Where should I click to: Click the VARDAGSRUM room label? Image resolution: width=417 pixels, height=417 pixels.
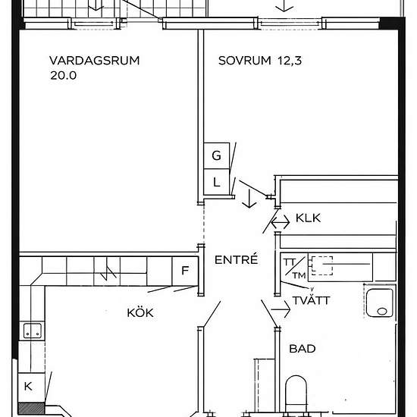(x=95, y=61)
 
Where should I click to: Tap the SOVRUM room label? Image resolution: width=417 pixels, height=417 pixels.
(x=245, y=61)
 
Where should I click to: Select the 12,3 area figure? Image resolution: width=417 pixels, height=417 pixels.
(x=290, y=61)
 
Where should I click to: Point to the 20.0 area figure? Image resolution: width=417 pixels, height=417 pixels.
(x=63, y=75)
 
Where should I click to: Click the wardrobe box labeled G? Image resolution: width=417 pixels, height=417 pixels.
(x=217, y=155)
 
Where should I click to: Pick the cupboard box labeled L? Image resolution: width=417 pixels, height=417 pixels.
(x=217, y=182)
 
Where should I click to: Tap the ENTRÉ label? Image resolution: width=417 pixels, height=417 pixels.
(x=236, y=259)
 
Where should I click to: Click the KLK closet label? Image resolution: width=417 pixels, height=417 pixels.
(x=308, y=218)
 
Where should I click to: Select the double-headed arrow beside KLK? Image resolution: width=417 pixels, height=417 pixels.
(x=280, y=222)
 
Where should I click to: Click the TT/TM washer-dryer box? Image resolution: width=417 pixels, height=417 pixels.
(x=294, y=268)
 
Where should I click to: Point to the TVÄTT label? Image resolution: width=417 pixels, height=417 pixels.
(x=311, y=300)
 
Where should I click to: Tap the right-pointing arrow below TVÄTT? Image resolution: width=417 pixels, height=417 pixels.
(x=281, y=309)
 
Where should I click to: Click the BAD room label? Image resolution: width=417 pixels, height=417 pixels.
(x=303, y=349)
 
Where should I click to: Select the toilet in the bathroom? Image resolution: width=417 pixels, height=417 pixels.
(x=296, y=393)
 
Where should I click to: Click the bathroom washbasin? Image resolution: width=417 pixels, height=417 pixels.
(x=380, y=303)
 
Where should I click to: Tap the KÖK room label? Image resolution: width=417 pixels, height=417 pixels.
(x=140, y=312)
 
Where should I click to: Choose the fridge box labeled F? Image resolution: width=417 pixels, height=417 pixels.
(x=185, y=271)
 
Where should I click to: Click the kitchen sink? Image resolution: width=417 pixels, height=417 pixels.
(x=33, y=331)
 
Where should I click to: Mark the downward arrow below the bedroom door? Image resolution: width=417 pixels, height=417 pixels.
(x=249, y=199)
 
